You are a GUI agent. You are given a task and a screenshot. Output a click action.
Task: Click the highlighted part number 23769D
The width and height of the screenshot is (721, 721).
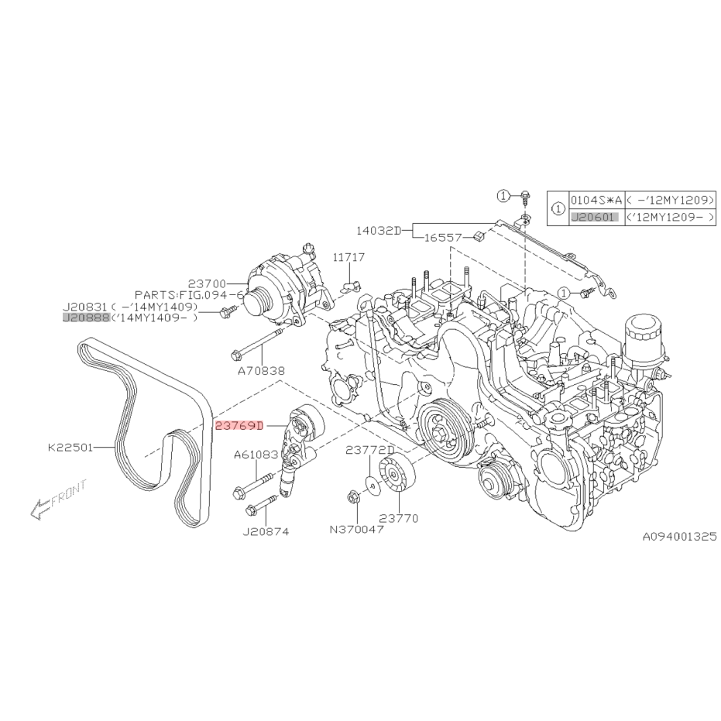click(240, 425)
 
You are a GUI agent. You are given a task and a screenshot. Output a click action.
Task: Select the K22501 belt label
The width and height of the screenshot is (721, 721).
click(70, 447)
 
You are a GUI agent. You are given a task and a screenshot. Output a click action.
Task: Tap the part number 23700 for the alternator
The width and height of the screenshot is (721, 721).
click(207, 284)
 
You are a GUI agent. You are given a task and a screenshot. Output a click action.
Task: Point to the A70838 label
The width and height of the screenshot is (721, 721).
click(263, 372)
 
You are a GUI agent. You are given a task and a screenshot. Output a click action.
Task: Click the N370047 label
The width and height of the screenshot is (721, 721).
click(357, 530)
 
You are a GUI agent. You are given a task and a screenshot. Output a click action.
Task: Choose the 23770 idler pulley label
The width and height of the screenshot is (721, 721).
click(398, 518)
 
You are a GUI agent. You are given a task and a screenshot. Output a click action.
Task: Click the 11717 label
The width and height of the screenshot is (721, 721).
click(349, 256)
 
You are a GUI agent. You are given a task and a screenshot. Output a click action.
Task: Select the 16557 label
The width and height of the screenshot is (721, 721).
click(444, 239)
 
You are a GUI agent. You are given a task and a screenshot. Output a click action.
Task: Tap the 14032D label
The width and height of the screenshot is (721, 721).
click(379, 230)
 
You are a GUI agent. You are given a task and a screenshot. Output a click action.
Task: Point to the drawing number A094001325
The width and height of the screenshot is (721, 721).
click(679, 535)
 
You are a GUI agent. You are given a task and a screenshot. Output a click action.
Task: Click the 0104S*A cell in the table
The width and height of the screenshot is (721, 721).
click(595, 199)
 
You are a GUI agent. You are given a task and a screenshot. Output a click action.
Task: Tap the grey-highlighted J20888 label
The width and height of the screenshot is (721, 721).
click(86, 317)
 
